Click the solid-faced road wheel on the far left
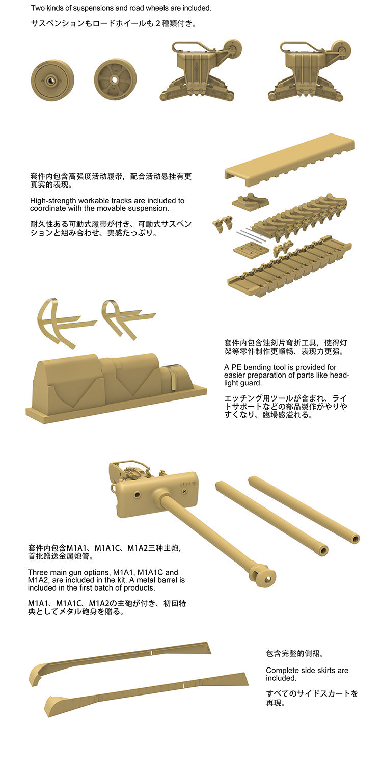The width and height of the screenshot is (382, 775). point(52,80)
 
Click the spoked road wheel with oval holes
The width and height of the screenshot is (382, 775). point(115,79)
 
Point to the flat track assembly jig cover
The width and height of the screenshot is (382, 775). point(290,159)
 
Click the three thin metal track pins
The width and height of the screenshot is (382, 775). point(251,235)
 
